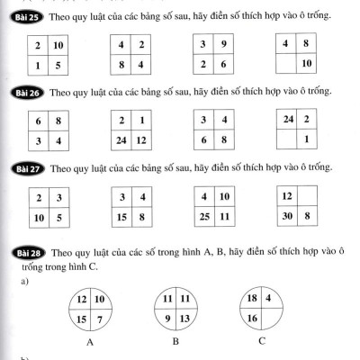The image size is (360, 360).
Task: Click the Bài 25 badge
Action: [22, 16]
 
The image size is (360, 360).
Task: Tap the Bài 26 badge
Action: [22, 92]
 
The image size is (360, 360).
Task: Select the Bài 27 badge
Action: [22, 167]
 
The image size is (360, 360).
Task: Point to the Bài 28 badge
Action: [22, 252]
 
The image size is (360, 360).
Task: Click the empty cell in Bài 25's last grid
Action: [287, 64]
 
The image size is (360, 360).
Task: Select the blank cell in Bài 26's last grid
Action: [287, 140]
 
